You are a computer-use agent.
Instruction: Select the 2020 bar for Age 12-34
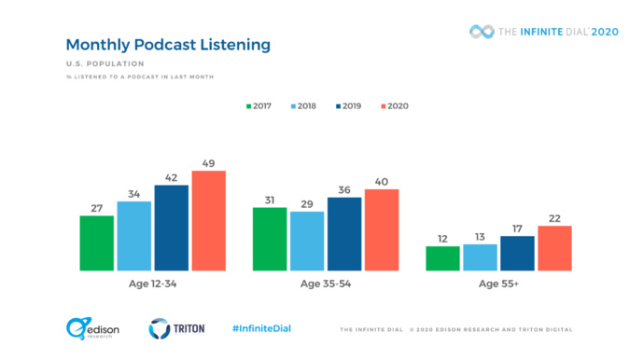pyautogui.click(x=208, y=221)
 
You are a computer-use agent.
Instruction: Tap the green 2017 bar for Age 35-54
pyautogui.click(x=270, y=239)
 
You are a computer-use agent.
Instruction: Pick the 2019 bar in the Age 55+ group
pyautogui.click(x=517, y=254)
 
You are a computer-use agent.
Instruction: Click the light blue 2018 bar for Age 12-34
pyautogui.click(x=133, y=236)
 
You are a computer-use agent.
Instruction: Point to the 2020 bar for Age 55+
pyautogui.click(x=554, y=248)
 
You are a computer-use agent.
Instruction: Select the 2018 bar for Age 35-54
pyautogui.click(x=307, y=241)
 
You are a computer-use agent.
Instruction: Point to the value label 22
pyautogui.click(x=554, y=217)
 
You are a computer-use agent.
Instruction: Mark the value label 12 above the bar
pyautogui.click(x=442, y=238)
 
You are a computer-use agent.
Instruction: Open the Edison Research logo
pyautogui.click(x=91, y=328)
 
